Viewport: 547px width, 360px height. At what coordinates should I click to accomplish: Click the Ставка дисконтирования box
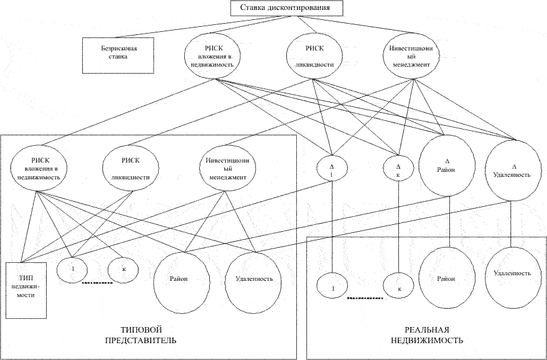[x=286, y=8]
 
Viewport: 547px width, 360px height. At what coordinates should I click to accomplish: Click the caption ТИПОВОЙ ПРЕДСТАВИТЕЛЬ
[x=141, y=335]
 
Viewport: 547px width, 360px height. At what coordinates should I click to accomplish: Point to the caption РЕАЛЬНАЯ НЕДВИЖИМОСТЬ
[x=427, y=335]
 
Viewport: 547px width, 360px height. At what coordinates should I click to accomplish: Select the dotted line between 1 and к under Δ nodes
[x=365, y=298]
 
